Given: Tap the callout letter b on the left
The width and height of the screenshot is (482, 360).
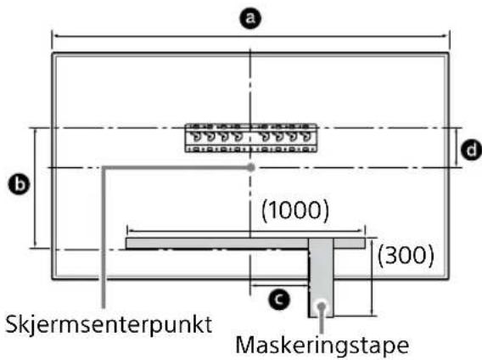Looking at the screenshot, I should click(14, 183).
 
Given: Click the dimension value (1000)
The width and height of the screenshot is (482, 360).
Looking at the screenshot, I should click(294, 210).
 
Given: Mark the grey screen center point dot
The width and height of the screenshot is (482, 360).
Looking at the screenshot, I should click(250, 168).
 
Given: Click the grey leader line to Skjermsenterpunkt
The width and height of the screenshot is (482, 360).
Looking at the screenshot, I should click(102, 238).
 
